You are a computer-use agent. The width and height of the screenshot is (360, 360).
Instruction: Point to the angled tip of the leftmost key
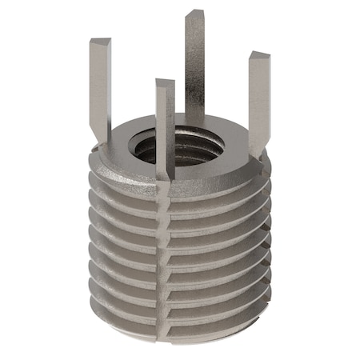pyautogui.click(x=100, y=42)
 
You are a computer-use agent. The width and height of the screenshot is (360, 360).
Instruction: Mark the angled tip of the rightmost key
pyautogui.click(x=260, y=57)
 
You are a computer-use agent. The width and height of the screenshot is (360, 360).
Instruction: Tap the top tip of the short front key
pyautogui.click(x=165, y=82)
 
